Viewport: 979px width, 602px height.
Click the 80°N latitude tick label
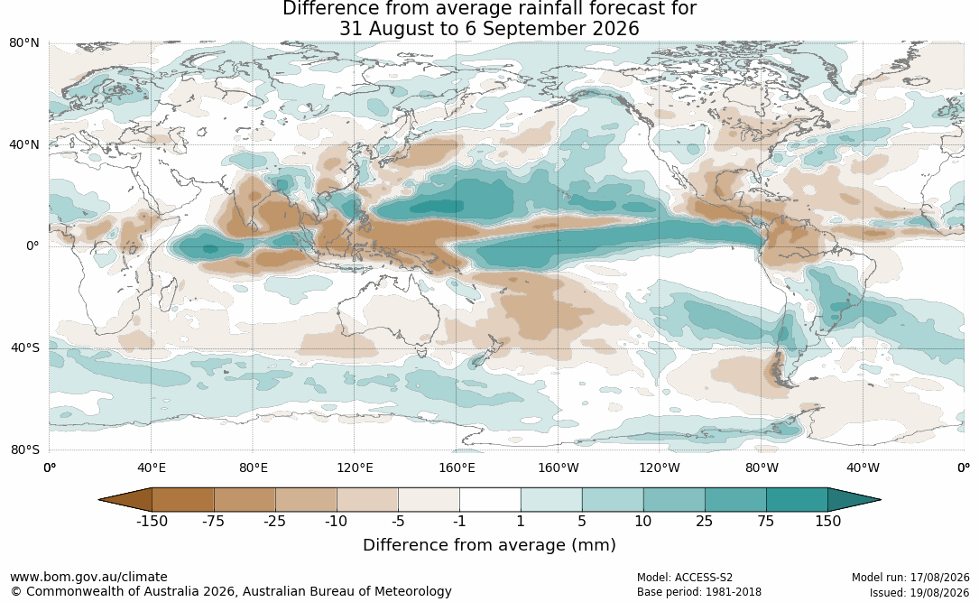[23, 42]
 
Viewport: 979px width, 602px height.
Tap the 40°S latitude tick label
[25, 347]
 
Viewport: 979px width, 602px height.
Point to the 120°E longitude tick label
[355, 468]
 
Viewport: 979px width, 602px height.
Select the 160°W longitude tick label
[559, 468]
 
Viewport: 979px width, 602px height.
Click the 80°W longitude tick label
[762, 468]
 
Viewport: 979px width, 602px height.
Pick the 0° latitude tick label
[33, 246]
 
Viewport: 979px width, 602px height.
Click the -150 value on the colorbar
[152, 521]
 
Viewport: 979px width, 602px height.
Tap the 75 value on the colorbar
[766, 521]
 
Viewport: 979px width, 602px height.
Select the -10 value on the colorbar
[336, 521]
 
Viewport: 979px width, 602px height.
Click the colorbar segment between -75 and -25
[245, 500]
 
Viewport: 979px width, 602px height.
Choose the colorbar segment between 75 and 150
[797, 500]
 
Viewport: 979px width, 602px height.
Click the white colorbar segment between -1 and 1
[490, 500]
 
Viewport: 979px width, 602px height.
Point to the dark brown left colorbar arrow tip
[99, 500]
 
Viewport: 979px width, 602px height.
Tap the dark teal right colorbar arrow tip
[881, 500]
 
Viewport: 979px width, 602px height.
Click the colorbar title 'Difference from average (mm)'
[489, 545]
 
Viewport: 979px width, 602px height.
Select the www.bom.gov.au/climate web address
[88, 577]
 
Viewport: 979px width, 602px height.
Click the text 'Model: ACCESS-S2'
[684, 578]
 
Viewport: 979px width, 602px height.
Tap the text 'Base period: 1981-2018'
[698, 592]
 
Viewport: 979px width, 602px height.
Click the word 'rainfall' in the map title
[557, 9]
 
